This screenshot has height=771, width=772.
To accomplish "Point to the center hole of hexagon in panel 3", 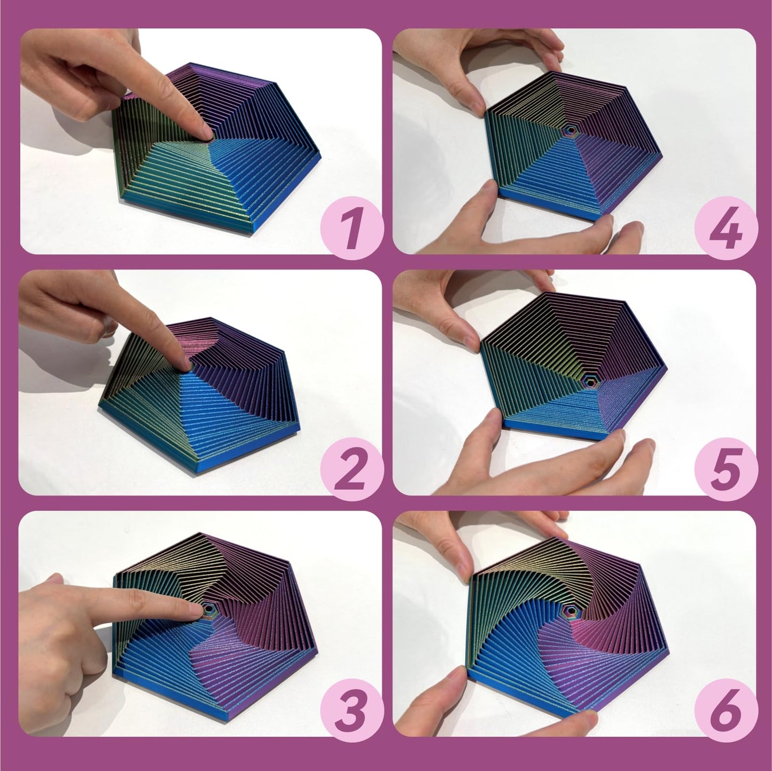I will click(207, 609).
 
